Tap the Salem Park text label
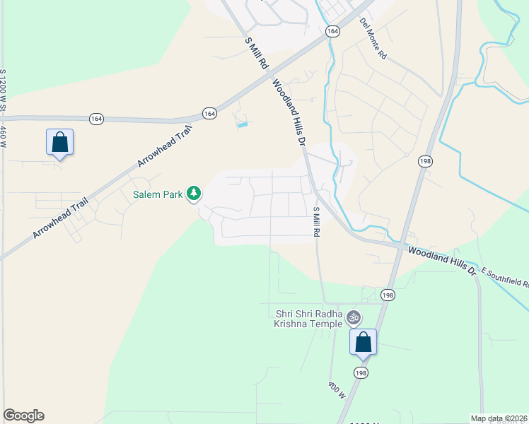[x=158, y=194]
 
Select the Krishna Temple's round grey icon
[x=354, y=319]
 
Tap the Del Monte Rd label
[x=373, y=38]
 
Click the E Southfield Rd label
[x=505, y=278]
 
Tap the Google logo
[x=23, y=416]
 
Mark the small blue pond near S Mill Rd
[x=243, y=125]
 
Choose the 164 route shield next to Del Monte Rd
[x=332, y=32]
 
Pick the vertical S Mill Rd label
[x=317, y=221]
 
